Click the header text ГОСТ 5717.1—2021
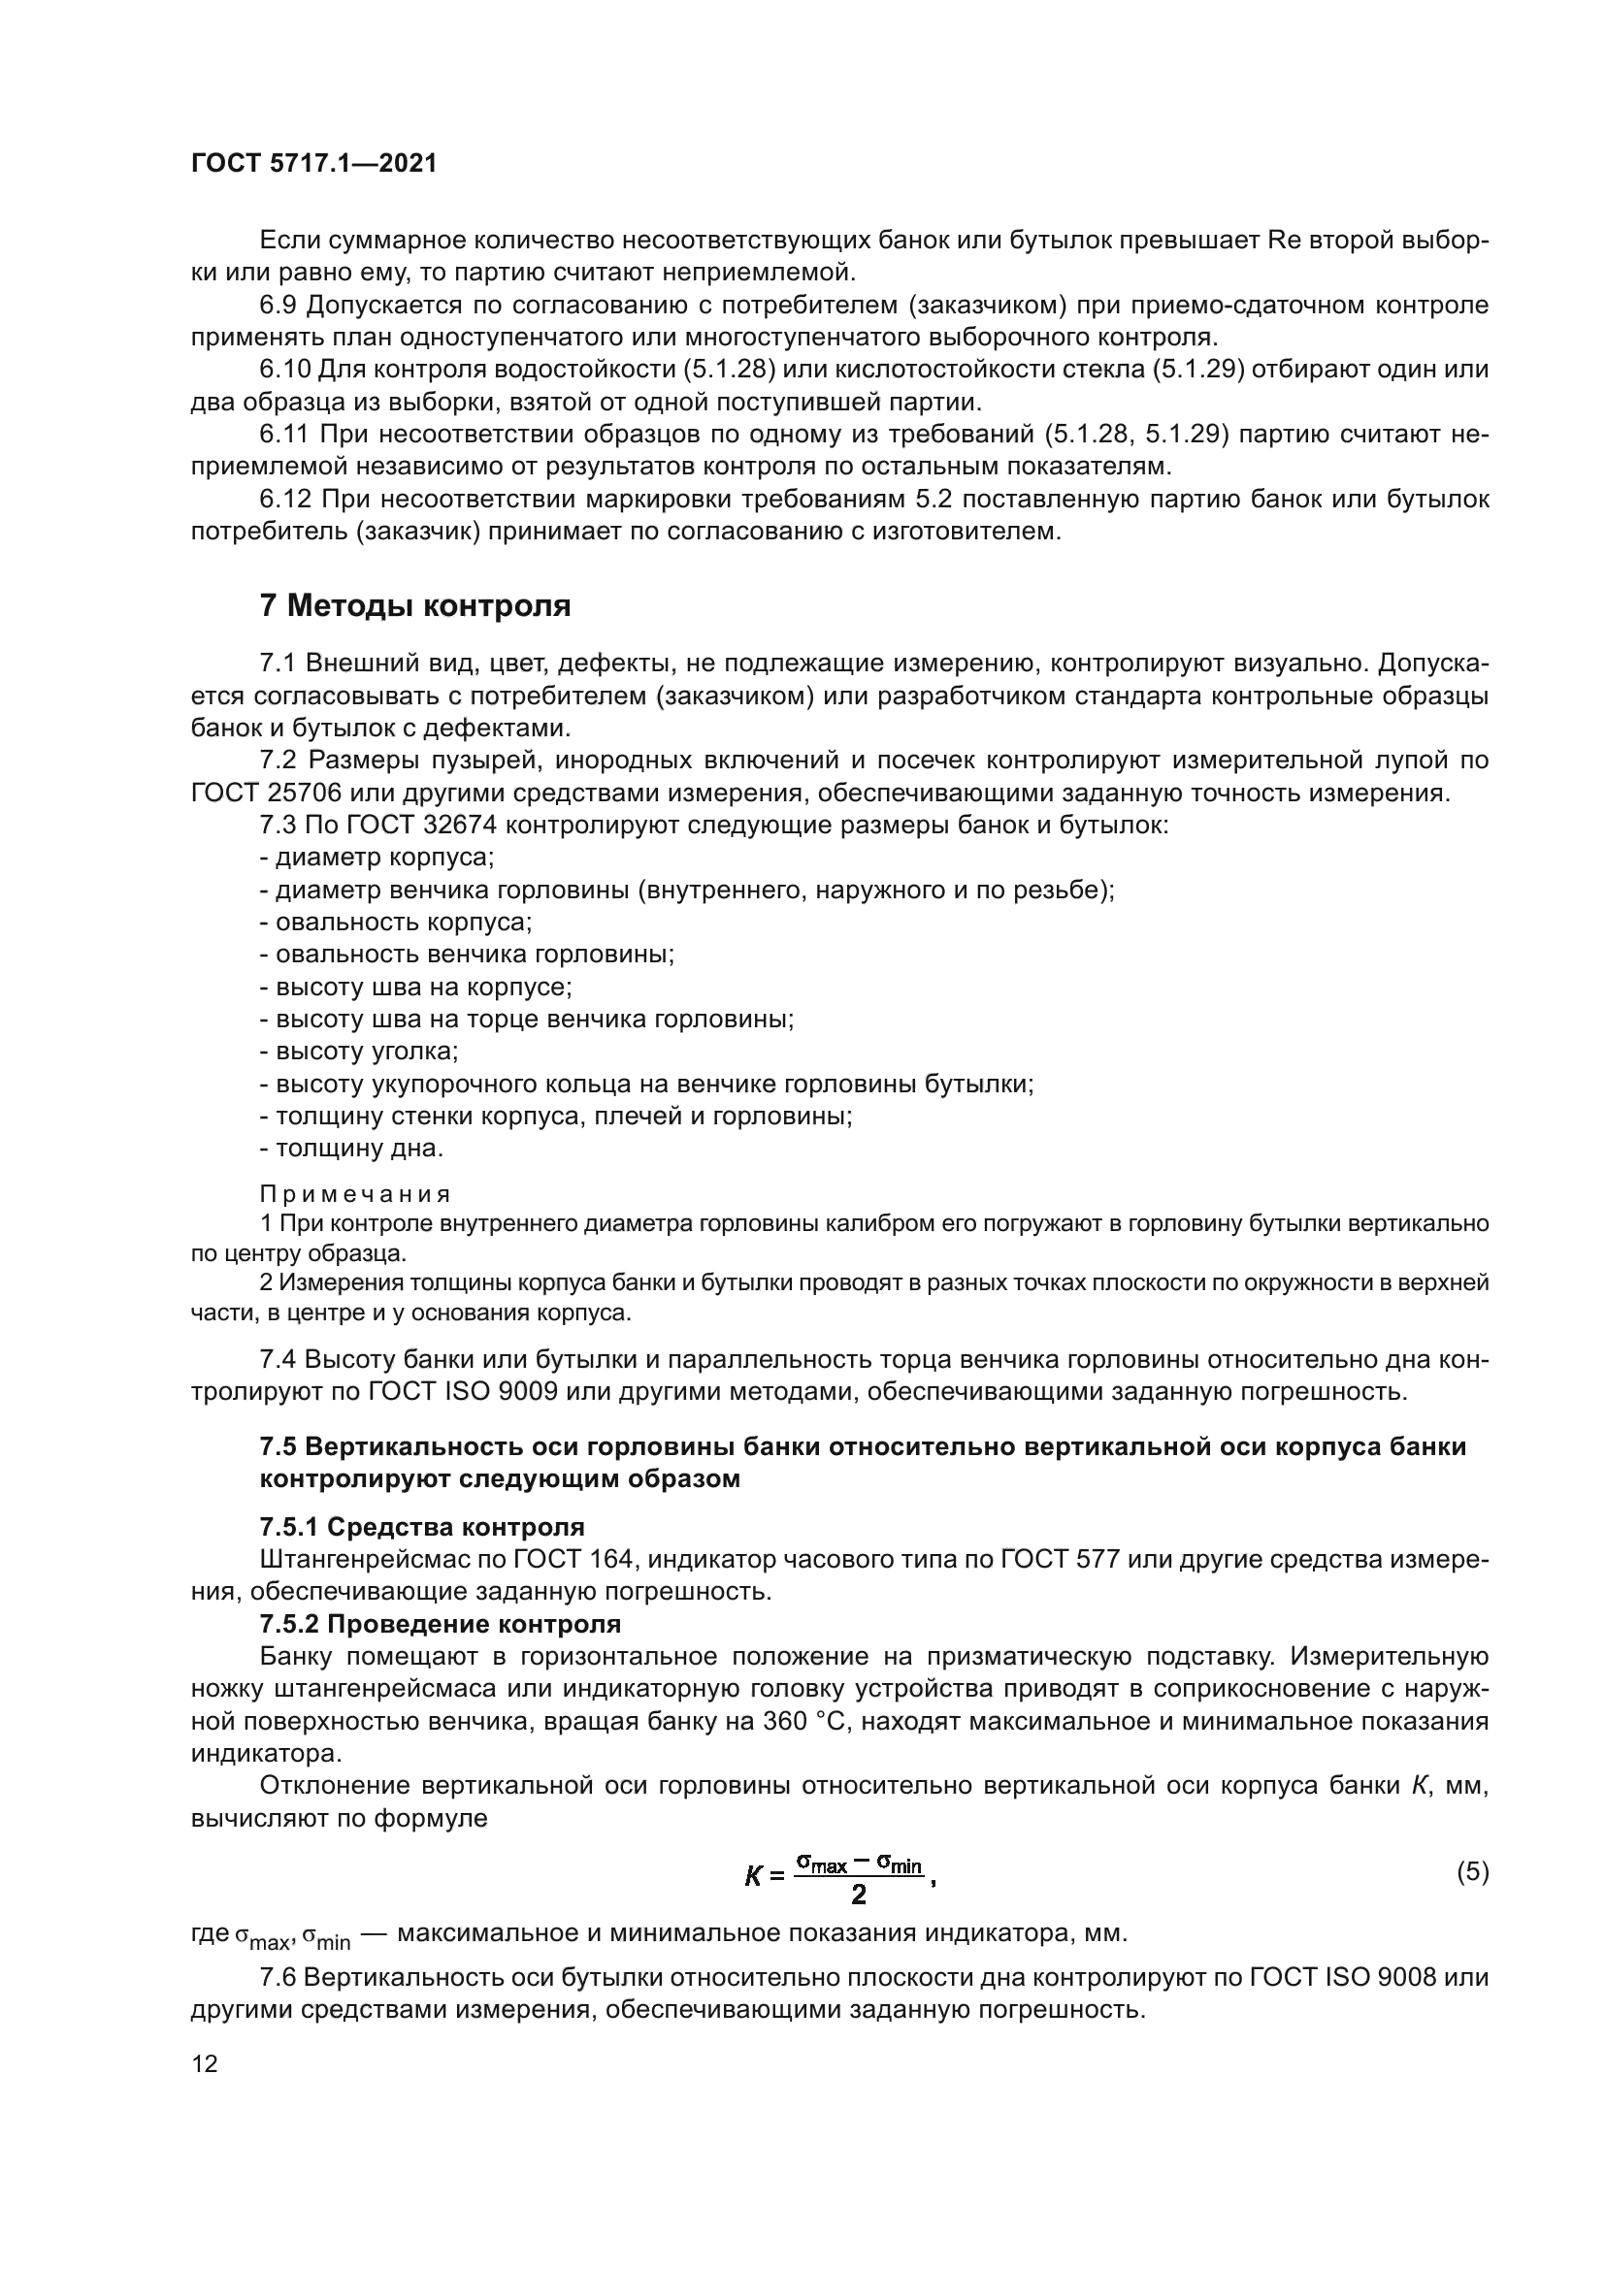(313, 164)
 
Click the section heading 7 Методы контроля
(415, 604)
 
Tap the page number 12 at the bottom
(205, 2063)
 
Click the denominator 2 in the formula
(858, 1895)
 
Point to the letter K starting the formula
(754, 1876)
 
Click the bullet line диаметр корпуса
(377, 857)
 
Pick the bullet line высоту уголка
(359, 1052)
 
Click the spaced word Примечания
(355, 1194)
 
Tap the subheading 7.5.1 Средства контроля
(422, 1527)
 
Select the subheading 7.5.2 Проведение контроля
(440, 1624)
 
